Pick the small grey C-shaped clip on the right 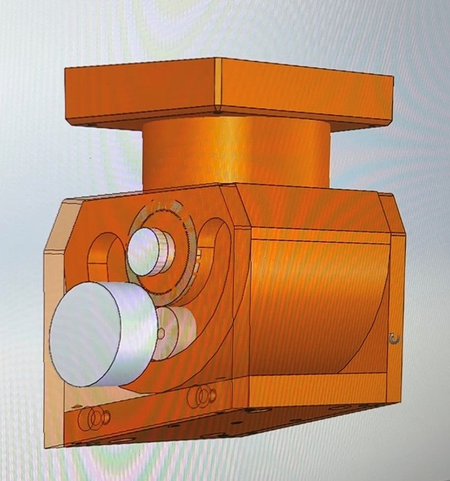[x=395, y=339]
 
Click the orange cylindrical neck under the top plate [x=235, y=152]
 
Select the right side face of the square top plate [x=305, y=93]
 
